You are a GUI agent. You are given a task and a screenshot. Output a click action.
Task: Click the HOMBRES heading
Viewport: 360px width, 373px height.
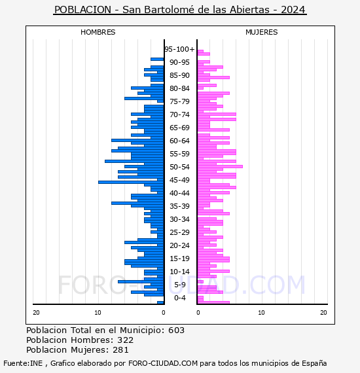[98, 32]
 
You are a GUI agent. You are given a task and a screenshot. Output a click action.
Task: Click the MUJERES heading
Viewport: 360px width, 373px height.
[262, 32]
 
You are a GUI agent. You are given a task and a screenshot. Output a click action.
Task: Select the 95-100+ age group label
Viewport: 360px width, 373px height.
[179, 49]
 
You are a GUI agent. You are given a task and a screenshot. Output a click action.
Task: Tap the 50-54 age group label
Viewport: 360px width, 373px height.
[179, 167]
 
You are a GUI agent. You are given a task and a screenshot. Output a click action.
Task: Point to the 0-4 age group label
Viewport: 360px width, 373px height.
[179, 298]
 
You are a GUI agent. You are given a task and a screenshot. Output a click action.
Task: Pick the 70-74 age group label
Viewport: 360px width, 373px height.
[179, 115]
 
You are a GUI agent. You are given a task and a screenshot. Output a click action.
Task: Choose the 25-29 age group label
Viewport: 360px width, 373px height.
[179, 232]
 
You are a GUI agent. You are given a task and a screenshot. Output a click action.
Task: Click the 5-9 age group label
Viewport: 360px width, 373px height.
[179, 285]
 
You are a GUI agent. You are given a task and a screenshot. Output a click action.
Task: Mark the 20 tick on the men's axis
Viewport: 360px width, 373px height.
[36, 313]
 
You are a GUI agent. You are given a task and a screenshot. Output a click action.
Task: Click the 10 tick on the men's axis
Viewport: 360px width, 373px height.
[98, 313]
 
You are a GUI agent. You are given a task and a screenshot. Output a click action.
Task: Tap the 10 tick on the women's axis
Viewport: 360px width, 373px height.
[262, 313]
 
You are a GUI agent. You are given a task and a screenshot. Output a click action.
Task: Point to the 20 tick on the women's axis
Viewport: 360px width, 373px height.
[323, 313]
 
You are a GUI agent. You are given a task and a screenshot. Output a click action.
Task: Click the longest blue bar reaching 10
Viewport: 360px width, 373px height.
[131, 182]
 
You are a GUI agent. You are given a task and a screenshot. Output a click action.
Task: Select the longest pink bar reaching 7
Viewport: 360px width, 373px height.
[220, 166]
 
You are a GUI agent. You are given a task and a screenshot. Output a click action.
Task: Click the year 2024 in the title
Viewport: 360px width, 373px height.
[293, 10]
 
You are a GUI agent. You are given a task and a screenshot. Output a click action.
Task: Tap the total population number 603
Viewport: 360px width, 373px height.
[176, 330]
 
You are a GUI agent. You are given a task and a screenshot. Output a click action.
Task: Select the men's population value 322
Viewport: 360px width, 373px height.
[126, 340]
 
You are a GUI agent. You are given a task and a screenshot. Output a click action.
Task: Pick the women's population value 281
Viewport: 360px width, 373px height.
[120, 349]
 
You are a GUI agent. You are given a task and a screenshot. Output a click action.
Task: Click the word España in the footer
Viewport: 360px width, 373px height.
[314, 363]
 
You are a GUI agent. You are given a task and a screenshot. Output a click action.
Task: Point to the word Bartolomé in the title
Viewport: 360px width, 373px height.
[170, 10]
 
